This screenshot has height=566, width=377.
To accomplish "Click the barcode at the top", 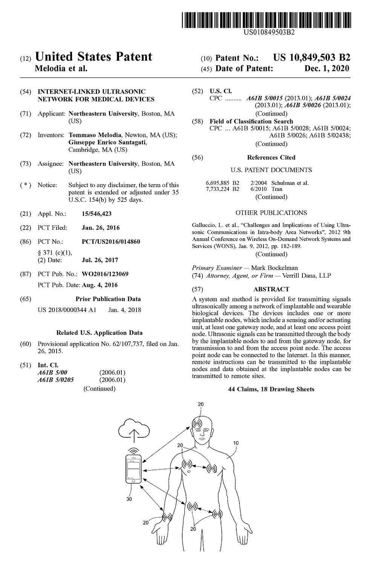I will tap(266, 20).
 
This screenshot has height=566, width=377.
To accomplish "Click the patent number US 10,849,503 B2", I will tap(311, 58).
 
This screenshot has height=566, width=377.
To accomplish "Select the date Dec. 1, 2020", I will tap(326, 69).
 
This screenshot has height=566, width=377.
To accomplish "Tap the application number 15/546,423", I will tap(97, 214).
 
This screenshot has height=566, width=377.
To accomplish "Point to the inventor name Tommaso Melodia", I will tap(95, 135).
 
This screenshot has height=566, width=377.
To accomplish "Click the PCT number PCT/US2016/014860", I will tap(111, 241).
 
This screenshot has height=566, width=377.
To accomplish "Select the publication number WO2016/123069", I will tap(105, 274).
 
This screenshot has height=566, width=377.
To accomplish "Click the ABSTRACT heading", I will tap(271, 289).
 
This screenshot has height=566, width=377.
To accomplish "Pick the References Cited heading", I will tap(271, 157).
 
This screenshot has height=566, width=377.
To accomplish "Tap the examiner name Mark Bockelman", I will tap(274, 268).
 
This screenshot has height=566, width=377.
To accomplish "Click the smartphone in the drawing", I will tap(134, 469).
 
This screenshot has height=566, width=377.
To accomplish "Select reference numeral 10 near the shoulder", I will tap(236, 443).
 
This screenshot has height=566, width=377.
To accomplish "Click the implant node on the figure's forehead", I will tap(198, 423).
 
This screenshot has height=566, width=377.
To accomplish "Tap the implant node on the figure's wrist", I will tap(166, 517).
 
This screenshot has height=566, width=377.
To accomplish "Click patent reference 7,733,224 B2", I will tap(222, 189).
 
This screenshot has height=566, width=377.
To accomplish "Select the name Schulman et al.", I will tap(290, 183).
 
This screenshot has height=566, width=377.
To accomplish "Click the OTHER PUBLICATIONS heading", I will tap(271, 213).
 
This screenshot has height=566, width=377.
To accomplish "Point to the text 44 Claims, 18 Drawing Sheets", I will tap(271, 389).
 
